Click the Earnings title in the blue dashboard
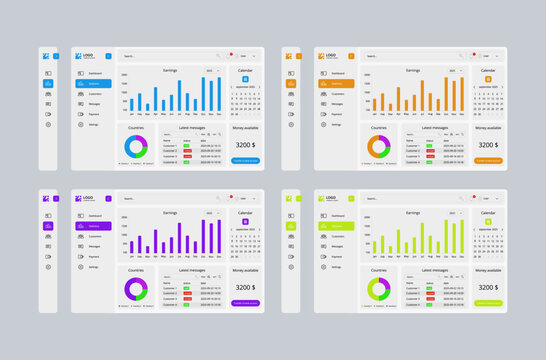pyautogui.click(x=170, y=70)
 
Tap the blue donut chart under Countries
pyautogui.click(x=136, y=146)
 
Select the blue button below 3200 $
pyautogui.click(x=245, y=160)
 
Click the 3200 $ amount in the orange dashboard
pyautogui.click(x=487, y=145)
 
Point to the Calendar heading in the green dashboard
pyautogui.click(x=488, y=213)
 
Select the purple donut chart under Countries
pyautogui.click(x=136, y=289)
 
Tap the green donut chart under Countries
pyautogui.click(x=379, y=289)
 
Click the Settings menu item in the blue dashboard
pyautogui.click(x=94, y=125)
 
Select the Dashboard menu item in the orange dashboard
pyautogui.click(x=338, y=73)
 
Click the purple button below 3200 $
pyautogui.click(x=245, y=303)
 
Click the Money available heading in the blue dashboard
pyautogui.click(x=245, y=128)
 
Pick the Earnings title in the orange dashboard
pyautogui.click(x=413, y=70)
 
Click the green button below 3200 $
pyautogui.click(x=488, y=303)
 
